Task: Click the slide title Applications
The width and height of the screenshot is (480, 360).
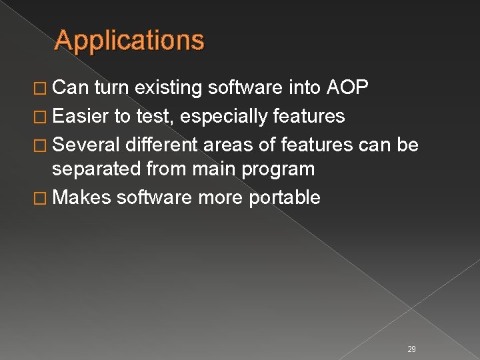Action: coord(129,41)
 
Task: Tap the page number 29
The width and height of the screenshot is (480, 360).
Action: coord(411,349)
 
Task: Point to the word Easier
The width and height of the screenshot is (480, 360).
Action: coord(81,117)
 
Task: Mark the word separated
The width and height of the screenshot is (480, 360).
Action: coord(97,169)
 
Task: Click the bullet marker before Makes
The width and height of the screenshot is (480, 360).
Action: coord(45,198)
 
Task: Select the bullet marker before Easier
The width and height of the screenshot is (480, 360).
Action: coord(45,117)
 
